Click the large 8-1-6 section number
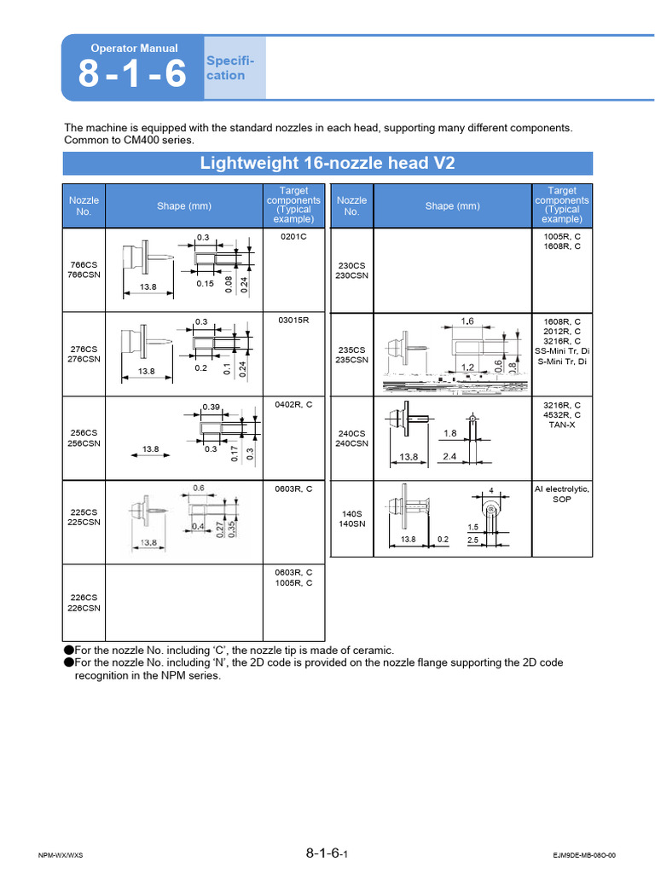[132, 76]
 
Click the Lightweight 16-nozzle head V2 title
[328, 163]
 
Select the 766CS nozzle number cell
[84, 269]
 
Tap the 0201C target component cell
[293, 236]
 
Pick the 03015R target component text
[293, 321]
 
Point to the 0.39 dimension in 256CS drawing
[211, 407]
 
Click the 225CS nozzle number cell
[84, 517]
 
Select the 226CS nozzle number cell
[84, 604]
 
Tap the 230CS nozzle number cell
[352, 270]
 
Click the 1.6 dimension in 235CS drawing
[467, 321]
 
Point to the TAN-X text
[562, 425]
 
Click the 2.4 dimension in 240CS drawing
[451, 457]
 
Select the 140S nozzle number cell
[352, 519]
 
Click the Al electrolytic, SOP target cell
[562, 494]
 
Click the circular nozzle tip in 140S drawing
[491, 510]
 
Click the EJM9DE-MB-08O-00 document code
[583, 855]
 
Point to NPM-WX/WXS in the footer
[61, 855]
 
